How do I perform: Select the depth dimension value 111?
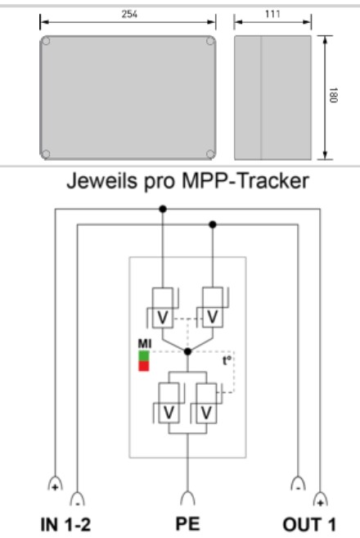point(272,16)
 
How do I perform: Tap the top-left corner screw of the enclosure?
point(47,41)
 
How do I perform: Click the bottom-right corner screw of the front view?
point(211,153)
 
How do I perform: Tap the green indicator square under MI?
point(143,356)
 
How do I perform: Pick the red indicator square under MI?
point(143,365)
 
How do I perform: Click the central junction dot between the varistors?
point(187,351)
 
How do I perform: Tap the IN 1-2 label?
point(65,524)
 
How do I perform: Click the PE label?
point(187,524)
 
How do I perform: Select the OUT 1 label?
point(308,524)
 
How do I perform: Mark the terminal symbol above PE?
point(187,497)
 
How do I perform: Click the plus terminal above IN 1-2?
point(55,483)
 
